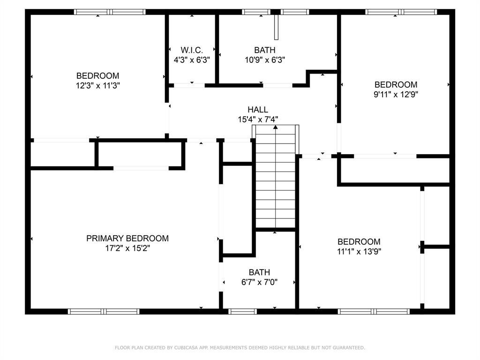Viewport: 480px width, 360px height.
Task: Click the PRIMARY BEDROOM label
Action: tap(127, 239)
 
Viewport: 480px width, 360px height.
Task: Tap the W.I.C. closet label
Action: tap(192, 50)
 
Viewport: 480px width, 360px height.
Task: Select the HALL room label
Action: tap(258, 110)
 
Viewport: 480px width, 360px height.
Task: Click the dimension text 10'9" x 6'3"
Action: tap(265, 60)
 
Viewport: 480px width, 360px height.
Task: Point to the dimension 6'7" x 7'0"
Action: tap(259, 282)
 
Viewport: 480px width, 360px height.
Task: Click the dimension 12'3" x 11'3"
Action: tap(97, 85)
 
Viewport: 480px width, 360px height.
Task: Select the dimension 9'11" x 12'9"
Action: tap(396, 94)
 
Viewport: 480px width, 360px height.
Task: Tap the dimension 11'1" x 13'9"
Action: tap(359, 252)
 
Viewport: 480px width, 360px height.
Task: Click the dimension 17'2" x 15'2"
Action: tap(127, 248)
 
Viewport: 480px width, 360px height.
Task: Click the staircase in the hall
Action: tap(275, 183)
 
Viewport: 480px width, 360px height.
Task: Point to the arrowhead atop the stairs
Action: tap(275, 127)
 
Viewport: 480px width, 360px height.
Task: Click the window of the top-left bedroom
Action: tap(110, 12)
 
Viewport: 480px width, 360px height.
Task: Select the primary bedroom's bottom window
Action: tap(104, 311)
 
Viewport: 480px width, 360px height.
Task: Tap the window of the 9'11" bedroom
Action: tap(401, 12)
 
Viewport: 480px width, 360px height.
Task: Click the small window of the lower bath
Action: tap(243, 311)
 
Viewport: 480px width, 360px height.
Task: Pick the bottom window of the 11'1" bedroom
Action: tap(374, 311)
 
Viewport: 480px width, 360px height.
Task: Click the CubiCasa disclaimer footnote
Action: tap(240, 348)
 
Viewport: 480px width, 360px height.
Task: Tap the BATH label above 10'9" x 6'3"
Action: tap(265, 50)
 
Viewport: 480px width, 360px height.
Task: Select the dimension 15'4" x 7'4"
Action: tap(258, 120)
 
